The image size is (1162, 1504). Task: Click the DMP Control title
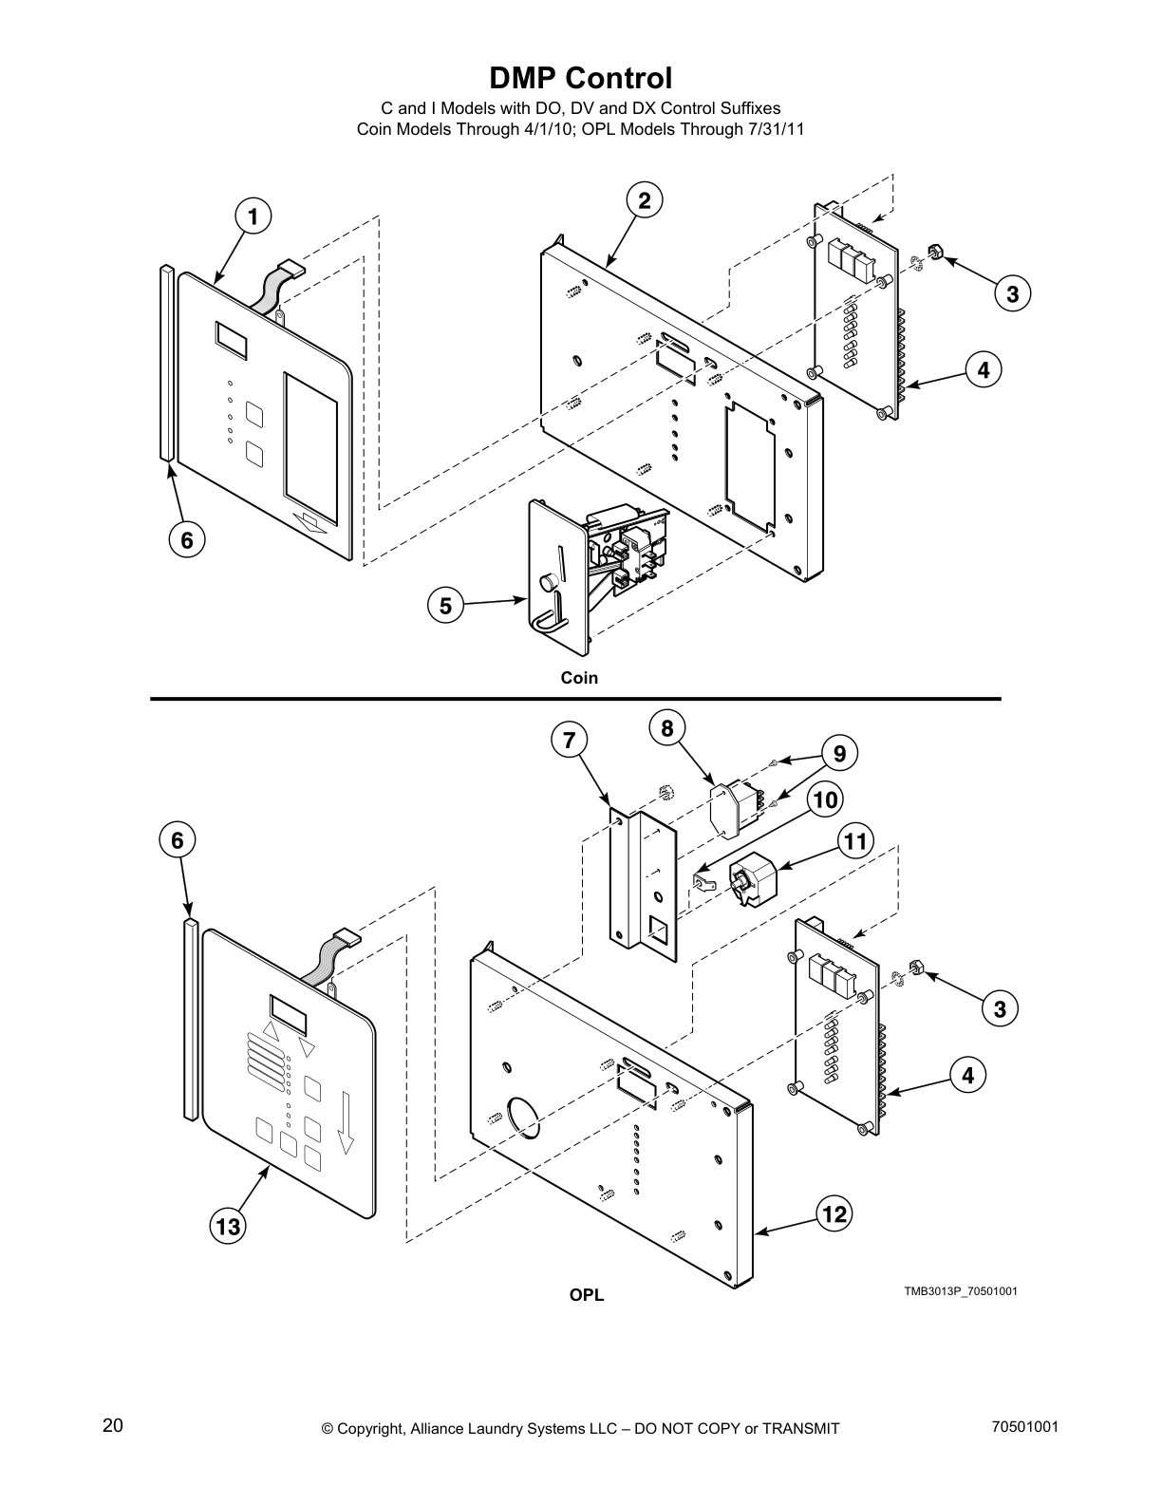(580, 78)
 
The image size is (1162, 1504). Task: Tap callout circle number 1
(253, 216)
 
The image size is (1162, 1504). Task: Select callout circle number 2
(644, 200)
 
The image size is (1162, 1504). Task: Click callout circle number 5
(445, 605)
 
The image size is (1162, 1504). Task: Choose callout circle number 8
(667, 728)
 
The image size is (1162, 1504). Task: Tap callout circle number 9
(839, 753)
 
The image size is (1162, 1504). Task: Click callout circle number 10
(825, 799)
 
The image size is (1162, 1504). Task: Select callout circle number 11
(855, 841)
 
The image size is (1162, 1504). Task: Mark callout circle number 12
(834, 1213)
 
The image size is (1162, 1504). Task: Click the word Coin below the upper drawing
(579, 678)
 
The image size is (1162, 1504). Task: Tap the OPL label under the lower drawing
(586, 1295)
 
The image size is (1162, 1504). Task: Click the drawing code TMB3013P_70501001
(960, 1291)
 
